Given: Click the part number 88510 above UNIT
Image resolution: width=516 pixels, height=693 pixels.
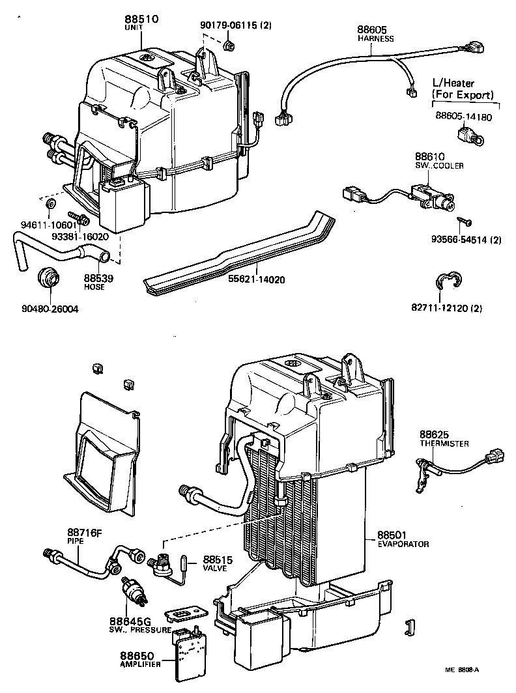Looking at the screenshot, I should click(x=140, y=20).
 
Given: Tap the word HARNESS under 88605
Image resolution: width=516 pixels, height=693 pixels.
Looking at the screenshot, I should click(x=376, y=38).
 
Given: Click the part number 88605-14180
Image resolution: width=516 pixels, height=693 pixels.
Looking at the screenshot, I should click(x=463, y=117).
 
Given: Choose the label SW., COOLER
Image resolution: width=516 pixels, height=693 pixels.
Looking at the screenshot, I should click(x=440, y=166).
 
